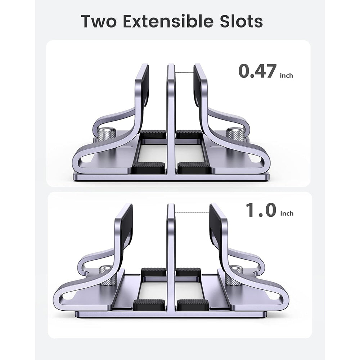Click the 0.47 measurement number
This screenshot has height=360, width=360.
click(257, 71)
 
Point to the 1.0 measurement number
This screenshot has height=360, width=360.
click(261, 210)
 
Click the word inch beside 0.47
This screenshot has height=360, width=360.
click(286, 75)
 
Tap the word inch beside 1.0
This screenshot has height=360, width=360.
click(287, 213)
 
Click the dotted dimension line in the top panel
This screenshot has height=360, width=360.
click(184, 72)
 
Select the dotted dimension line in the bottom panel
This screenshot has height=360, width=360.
click(192, 212)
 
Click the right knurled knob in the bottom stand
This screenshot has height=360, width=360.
click(234, 275)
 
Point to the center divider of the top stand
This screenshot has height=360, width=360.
click(171, 119)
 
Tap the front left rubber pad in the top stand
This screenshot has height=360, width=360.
click(149, 167)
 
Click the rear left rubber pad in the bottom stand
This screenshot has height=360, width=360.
click(153, 272)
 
